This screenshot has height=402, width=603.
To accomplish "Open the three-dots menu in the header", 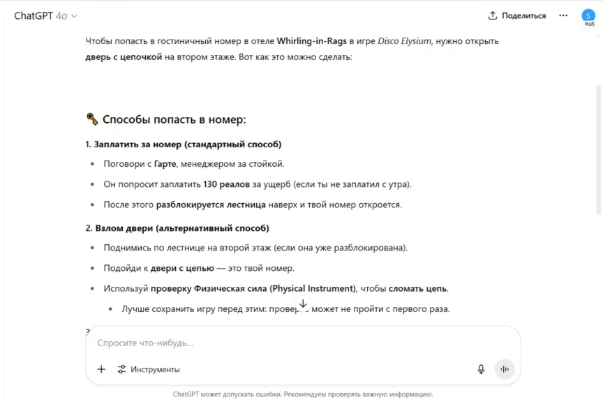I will (563, 15).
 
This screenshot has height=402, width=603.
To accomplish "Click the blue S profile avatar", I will (588, 15).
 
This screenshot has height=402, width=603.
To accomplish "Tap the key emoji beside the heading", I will (92, 119).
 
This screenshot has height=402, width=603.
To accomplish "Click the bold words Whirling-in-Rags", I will (311, 41).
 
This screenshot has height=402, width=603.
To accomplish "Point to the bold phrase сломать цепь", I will (418, 288).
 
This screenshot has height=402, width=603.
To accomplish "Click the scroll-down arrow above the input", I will (303, 304).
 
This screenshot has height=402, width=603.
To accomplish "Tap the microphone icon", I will (481, 369).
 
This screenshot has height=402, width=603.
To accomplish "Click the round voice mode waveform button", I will (505, 369).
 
